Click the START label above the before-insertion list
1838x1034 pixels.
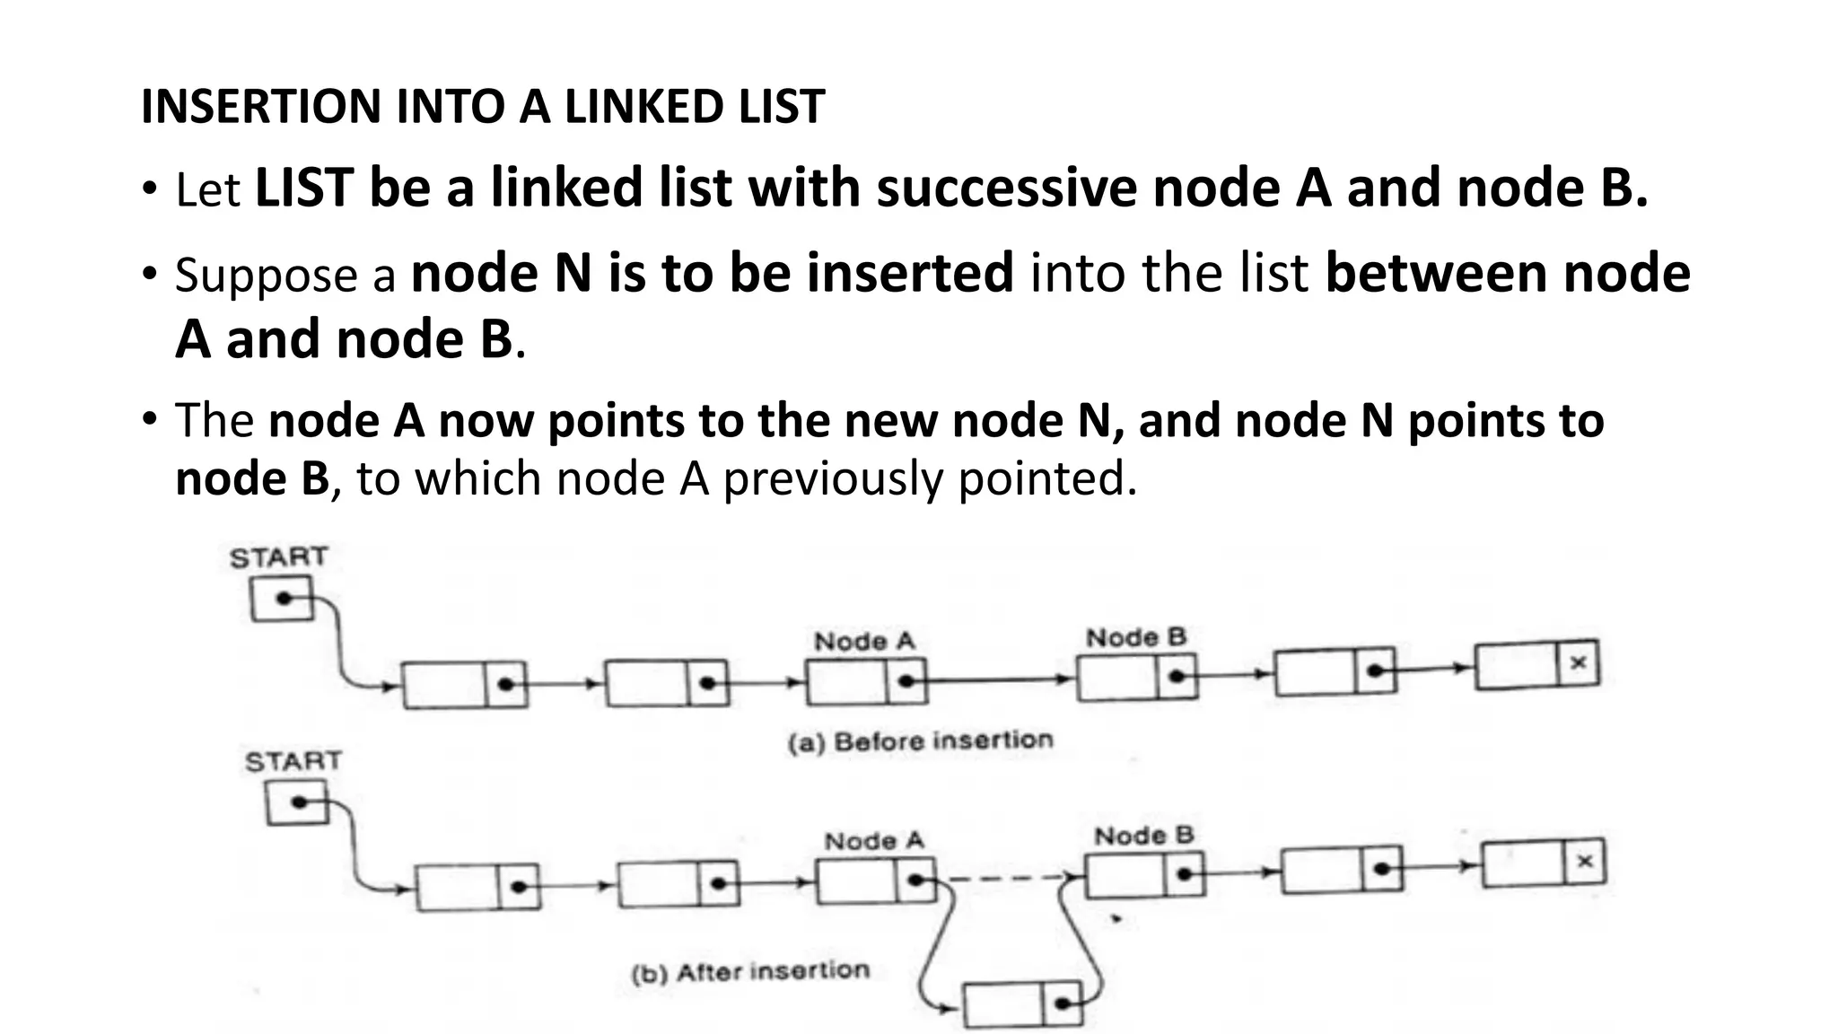tap(278, 557)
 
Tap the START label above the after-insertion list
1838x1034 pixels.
tap(293, 762)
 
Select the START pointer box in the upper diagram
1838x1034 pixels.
tap(282, 599)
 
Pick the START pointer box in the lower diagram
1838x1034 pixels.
tap(296, 802)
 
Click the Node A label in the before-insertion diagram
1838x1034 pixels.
tap(863, 641)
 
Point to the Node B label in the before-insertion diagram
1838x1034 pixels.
tap(1135, 637)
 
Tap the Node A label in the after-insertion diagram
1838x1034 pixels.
tap(873, 841)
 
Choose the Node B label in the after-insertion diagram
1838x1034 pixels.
tap(1143, 836)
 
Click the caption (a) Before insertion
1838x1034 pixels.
tap(920, 741)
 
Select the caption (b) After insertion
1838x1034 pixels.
tap(750, 972)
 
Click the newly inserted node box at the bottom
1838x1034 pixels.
tap(1022, 1004)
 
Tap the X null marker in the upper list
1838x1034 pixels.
tap(1578, 663)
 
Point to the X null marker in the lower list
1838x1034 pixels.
tap(1585, 862)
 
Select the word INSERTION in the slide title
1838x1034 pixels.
tap(261, 107)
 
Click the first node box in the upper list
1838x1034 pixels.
tap(464, 686)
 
